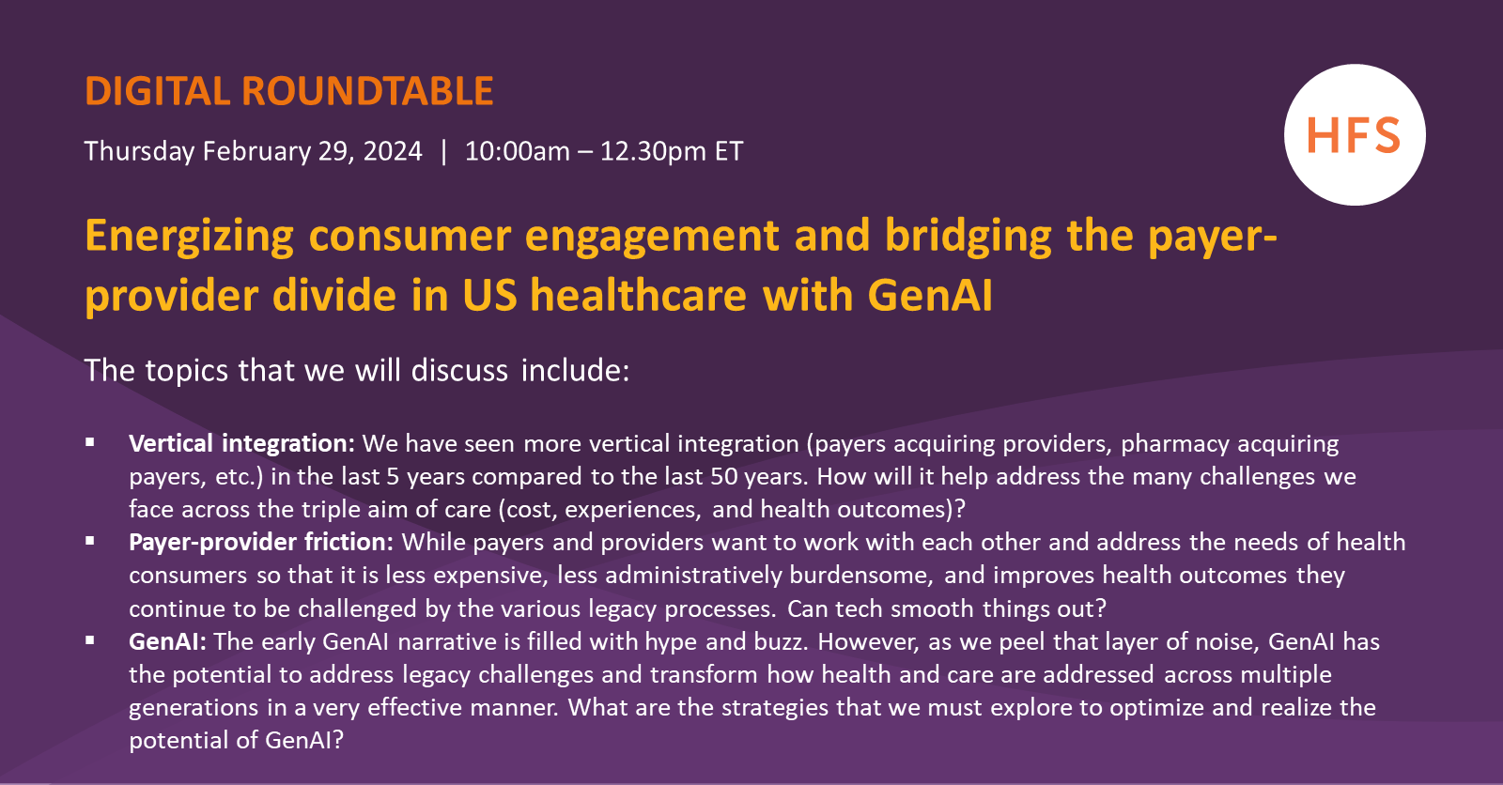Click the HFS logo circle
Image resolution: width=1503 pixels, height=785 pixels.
pyautogui.click(x=1354, y=135)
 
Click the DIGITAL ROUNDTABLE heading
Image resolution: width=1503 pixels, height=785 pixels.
pyautogui.click(x=288, y=91)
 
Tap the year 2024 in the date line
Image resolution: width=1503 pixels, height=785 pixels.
pyautogui.click(x=393, y=151)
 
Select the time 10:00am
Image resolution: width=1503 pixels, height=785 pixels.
pyautogui.click(x=517, y=151)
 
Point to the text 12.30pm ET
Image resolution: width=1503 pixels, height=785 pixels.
pyautogui.click(x=671, y=151)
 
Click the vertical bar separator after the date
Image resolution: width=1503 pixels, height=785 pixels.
pyautogui.click(x=443, y=151)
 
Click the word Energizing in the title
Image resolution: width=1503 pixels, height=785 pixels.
pyautogui.click(x=189, y=236)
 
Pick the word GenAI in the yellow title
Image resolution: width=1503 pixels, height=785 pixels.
pyautogui.click(x=929, y=295)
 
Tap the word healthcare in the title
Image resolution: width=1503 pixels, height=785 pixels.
pyautogui.click(x=638, y=295)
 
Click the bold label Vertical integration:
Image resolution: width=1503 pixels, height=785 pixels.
pyautogui.click(x=241, y=443)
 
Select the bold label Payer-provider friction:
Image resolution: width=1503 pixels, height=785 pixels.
pyautogui.click(x=260, y=542)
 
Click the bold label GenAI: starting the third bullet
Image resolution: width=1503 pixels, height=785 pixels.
pyautogui.click(x=167, y=641)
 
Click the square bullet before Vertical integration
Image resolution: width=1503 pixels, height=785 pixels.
pyautogui.click(x=90, y=441)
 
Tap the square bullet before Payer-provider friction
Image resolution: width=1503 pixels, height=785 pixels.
pyautogui.click(x=90, y=540)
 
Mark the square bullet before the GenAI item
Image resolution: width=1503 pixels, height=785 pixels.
pyautogui.click(x=90, y=639)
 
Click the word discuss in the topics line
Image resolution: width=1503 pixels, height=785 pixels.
pyautogui.click(x=459, y=370)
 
